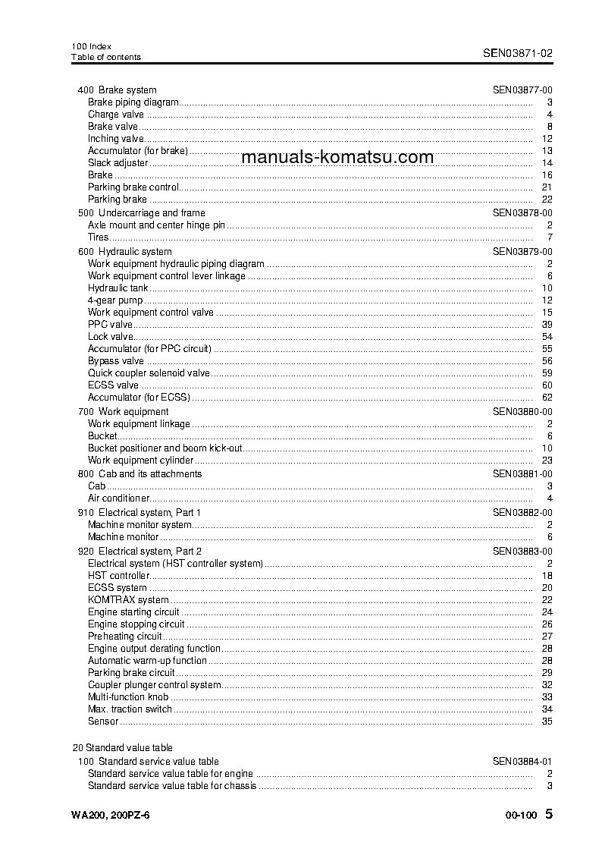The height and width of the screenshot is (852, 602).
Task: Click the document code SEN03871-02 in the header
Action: point(517,53)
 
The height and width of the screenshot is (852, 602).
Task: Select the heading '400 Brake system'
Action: point(118,90)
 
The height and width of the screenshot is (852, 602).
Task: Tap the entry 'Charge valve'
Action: point(115,115)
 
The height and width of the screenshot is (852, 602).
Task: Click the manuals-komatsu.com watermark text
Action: point(337,157)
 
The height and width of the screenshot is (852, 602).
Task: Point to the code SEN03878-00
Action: point(522,213)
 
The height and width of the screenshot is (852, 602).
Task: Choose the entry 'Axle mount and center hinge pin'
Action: point(157,225)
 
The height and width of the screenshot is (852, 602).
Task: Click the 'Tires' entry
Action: point(99,237)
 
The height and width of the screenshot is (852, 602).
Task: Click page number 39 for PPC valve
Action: point(547,325)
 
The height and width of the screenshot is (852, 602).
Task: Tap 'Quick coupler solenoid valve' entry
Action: point(149,373)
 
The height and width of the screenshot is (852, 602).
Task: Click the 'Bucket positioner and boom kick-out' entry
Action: point(165,448)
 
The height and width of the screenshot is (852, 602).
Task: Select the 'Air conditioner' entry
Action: point(118,498)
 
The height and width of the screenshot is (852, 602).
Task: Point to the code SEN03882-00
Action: point(522,513)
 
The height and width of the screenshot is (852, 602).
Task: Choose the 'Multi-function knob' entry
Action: point(127,697)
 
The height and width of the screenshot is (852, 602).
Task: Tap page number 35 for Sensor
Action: point(547,722)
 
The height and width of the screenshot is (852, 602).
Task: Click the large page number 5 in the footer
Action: point(549,814)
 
